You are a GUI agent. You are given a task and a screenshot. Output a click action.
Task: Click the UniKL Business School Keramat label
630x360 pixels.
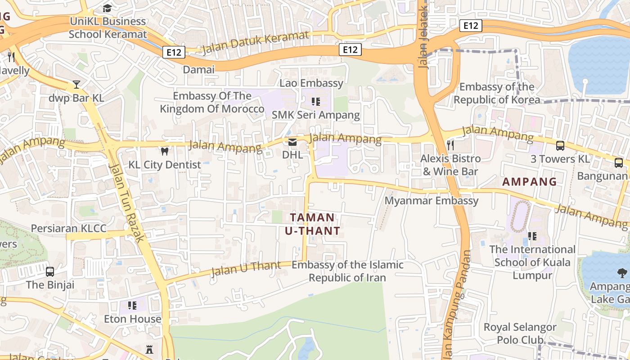point(108,27)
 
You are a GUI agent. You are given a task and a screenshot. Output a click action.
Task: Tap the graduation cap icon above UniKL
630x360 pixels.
point(107,8)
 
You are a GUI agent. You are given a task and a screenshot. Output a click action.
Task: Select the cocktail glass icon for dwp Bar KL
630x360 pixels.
point(76,85)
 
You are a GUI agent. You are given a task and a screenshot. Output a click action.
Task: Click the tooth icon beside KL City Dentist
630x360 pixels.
point(164,152)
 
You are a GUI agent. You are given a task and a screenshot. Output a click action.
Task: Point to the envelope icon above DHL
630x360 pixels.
point(292,142)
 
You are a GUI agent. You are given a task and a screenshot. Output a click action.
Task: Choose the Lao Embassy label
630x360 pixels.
point(311,83)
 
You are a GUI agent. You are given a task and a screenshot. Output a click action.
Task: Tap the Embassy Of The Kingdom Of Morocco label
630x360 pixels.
point(212,102)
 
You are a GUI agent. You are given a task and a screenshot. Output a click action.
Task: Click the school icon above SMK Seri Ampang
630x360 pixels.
point(315,102)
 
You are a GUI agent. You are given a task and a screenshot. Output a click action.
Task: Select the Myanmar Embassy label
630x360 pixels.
point(432,200)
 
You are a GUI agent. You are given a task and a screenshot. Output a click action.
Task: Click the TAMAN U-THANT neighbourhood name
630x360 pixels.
point(312,224)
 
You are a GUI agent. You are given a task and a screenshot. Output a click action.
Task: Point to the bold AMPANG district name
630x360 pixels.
point(530,182)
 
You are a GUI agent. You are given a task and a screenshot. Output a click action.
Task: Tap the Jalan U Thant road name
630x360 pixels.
point(246,268)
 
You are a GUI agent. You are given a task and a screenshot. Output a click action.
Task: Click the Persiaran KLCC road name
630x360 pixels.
point(68,228)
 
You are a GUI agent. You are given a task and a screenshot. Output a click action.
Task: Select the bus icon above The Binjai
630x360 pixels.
point(50,272)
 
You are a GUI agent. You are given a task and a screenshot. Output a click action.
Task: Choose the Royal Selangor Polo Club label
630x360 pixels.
point(520,333)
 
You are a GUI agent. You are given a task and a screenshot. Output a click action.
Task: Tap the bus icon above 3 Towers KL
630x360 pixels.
point(560,145)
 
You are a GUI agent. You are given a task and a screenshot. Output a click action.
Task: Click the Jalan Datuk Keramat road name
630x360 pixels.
point(255,42)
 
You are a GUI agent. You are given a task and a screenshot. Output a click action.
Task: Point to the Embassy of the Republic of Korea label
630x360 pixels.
point(497,93)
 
